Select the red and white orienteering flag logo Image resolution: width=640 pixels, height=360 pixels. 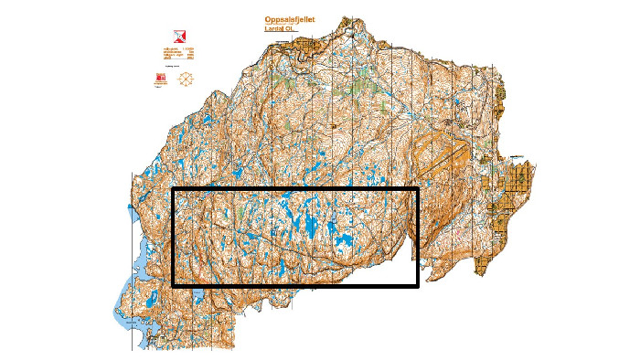pyautogui.click(x=165, y=28)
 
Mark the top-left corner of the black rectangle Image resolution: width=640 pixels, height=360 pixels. pyautogui.click(x=174, y=190)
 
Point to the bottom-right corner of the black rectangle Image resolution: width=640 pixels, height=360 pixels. pyautogui.click(x=417, y=286)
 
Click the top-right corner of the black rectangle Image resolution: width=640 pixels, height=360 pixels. pyautogui.click(x=417, y=190)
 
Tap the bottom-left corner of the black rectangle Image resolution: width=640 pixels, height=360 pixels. pyautogui.click(x=174, y=286)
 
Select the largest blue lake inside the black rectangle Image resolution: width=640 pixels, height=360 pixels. pyautogui.click(x=344, y=244)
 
